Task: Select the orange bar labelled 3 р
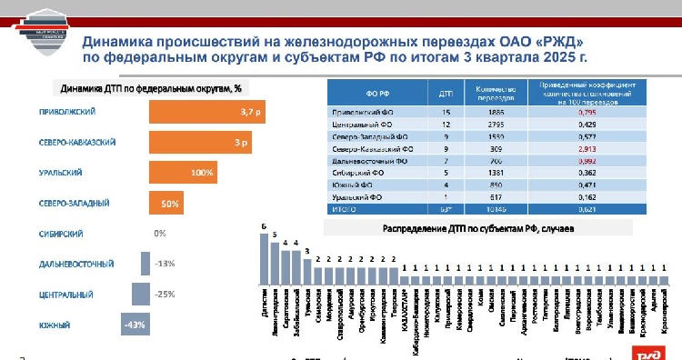click(200, 143)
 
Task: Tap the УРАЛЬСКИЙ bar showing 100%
click(182, 173)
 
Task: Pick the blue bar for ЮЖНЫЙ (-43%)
click(135, 325)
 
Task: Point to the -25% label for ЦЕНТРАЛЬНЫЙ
click(164, 295)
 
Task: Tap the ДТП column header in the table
click(446, 93)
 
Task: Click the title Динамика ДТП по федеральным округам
click(150, 89)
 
